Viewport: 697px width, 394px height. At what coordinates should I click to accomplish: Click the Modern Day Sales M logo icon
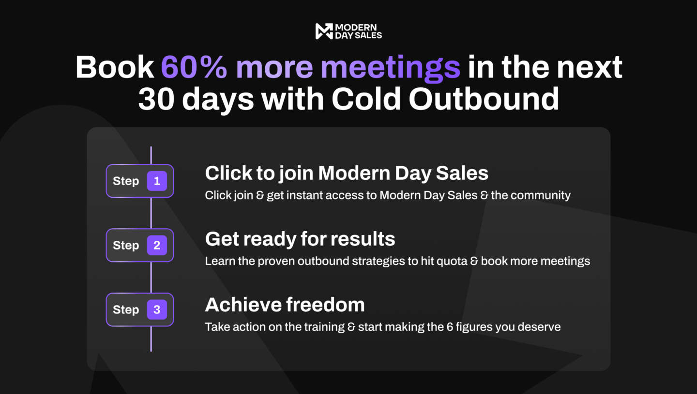[x=324, y=32]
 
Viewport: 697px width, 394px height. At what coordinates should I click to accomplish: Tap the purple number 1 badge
[x=157, y=181]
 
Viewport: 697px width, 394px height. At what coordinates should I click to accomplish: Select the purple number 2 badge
[x=157, y=245]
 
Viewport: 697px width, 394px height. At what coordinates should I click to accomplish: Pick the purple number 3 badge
[x=157, y=310]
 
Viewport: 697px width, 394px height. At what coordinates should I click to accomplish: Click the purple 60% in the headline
[x=194, y=67]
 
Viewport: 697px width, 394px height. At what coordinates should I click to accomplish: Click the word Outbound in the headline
[x=484, y=99]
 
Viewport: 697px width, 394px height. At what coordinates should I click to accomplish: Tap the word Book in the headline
[x=115, y=67]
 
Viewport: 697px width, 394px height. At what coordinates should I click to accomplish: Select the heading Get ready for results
[x=300, y=239]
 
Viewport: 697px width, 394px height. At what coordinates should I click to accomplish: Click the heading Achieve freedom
[x=285, y=305]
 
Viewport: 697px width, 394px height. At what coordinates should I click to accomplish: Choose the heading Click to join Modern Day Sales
[x=347, y=173]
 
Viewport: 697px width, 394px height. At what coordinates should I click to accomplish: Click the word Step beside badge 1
[x=126, y=181]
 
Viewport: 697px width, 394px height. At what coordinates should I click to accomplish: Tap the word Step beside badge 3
[x=126, y=310]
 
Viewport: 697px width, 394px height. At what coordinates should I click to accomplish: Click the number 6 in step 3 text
[x=450, y=327]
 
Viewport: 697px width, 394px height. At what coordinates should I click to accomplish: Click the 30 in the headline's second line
[x=156, y=99]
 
